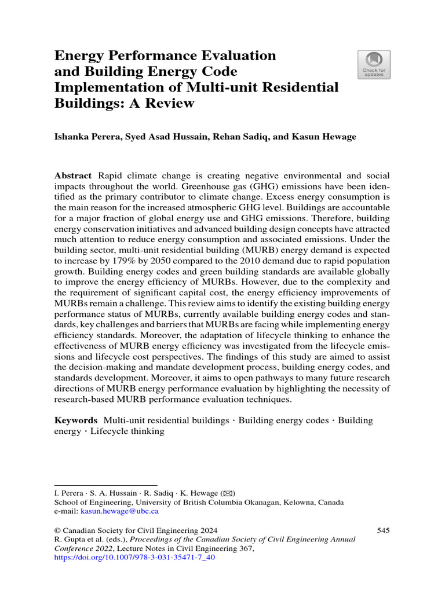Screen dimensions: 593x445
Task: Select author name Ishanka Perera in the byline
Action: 86,137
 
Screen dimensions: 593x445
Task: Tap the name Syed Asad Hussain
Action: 161,137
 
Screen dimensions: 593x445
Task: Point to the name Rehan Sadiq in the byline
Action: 232,137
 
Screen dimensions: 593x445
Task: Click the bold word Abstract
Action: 73,175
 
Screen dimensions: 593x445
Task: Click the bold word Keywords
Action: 76,420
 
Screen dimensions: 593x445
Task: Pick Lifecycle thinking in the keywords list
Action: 127,431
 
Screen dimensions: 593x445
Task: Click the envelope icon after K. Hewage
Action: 229,493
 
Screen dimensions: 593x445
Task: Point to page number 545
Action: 383,530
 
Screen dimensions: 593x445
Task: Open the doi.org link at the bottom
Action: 134,558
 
